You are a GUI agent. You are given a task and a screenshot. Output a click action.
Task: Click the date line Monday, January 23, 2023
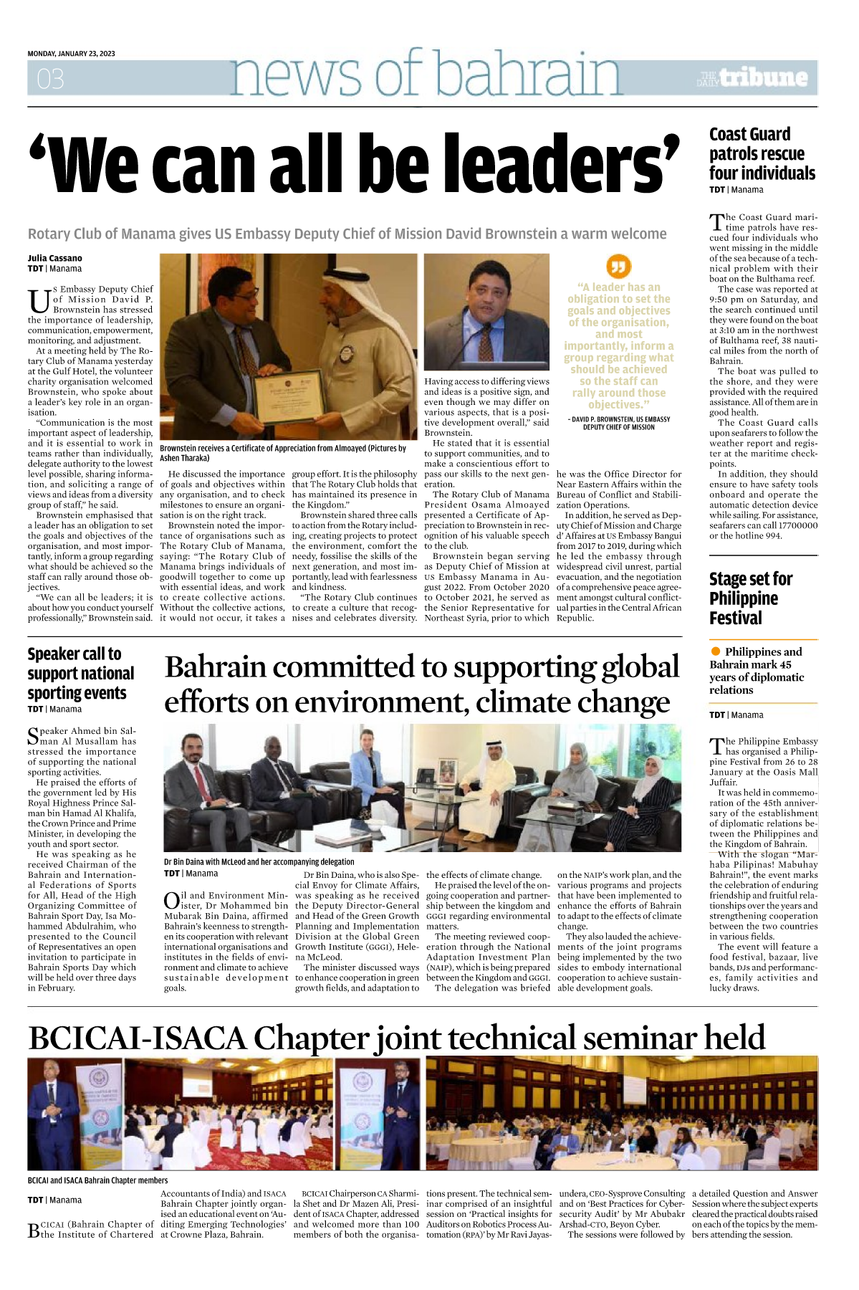(71, 54)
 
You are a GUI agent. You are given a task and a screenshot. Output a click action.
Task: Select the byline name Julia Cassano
(55, 258)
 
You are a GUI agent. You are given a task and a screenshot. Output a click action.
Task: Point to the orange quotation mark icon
(618, 267)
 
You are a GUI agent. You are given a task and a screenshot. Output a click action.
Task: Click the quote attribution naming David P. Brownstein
(618, 423)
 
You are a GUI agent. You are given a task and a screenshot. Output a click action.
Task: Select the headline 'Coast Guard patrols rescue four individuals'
(762, 154)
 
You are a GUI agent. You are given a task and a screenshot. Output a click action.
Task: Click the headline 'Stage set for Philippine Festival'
(750, 598)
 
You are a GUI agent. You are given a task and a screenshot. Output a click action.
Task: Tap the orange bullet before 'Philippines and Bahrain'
(715, 651)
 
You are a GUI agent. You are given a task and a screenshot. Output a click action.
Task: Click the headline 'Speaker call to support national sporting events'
(80, 673)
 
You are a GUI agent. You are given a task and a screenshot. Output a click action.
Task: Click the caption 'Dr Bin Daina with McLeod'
(259, 861)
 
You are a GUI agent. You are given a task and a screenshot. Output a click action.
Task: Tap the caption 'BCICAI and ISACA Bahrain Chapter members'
(97, 1180)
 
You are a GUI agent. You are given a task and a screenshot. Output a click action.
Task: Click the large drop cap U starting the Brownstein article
(39, 301)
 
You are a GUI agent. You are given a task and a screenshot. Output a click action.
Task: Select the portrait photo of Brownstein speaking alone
(486, 313)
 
